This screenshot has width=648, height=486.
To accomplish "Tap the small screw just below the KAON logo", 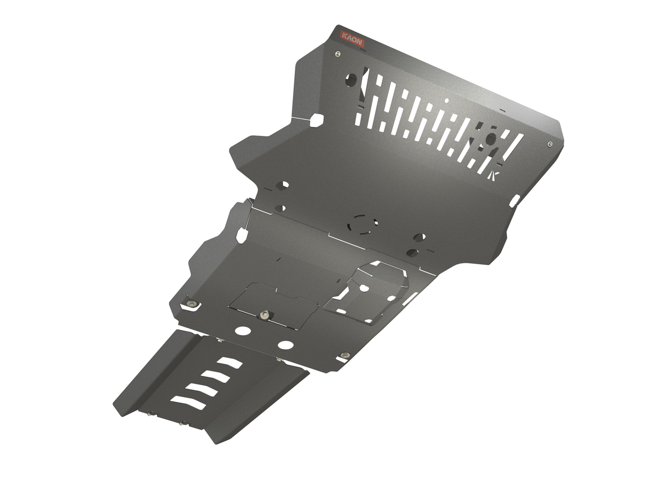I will [x=338, y=54].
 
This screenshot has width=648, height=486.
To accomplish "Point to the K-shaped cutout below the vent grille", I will [x=494, y=174].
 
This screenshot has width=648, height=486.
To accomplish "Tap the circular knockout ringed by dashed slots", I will [x=363, y=224].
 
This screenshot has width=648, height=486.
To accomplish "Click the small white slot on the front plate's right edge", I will [x=514, y=200].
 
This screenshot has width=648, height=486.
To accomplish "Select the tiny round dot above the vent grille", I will [x=447, y=100].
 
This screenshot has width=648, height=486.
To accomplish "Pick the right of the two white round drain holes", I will [x=286, y=345].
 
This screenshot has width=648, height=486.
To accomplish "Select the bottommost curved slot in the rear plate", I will [x=188, y=402].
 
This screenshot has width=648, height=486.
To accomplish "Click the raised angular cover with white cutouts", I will [x=370, y=292].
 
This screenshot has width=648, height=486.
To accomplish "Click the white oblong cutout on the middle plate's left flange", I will [x=241, y=235].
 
